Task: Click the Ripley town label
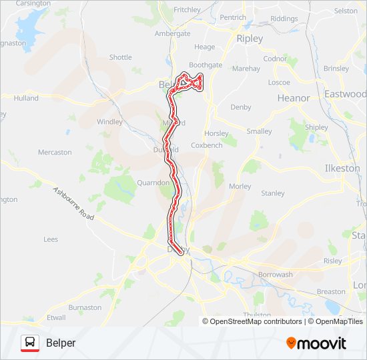[x=250, y=39]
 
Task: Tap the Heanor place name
[x=294, y=98]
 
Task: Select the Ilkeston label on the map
[x=342, y=169]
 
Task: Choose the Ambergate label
[x=172, y=33]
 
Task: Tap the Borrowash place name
[x=275, y=275]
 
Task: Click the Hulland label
[x=26, y=98]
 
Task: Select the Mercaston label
[x=55, y=152]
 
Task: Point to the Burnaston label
[x=85, y=308]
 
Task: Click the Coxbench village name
[x=206, y=145]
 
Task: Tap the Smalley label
[x=259, y=131]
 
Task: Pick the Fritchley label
[x=187, y=10]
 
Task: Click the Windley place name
[x=110, y=122]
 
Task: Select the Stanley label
[x=272, y=193]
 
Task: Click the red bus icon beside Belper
[x=29, y=343]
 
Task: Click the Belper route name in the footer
[x=61, y=343]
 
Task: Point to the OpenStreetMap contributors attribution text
[x=256, y=321]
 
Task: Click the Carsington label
[x=33, y=3]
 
